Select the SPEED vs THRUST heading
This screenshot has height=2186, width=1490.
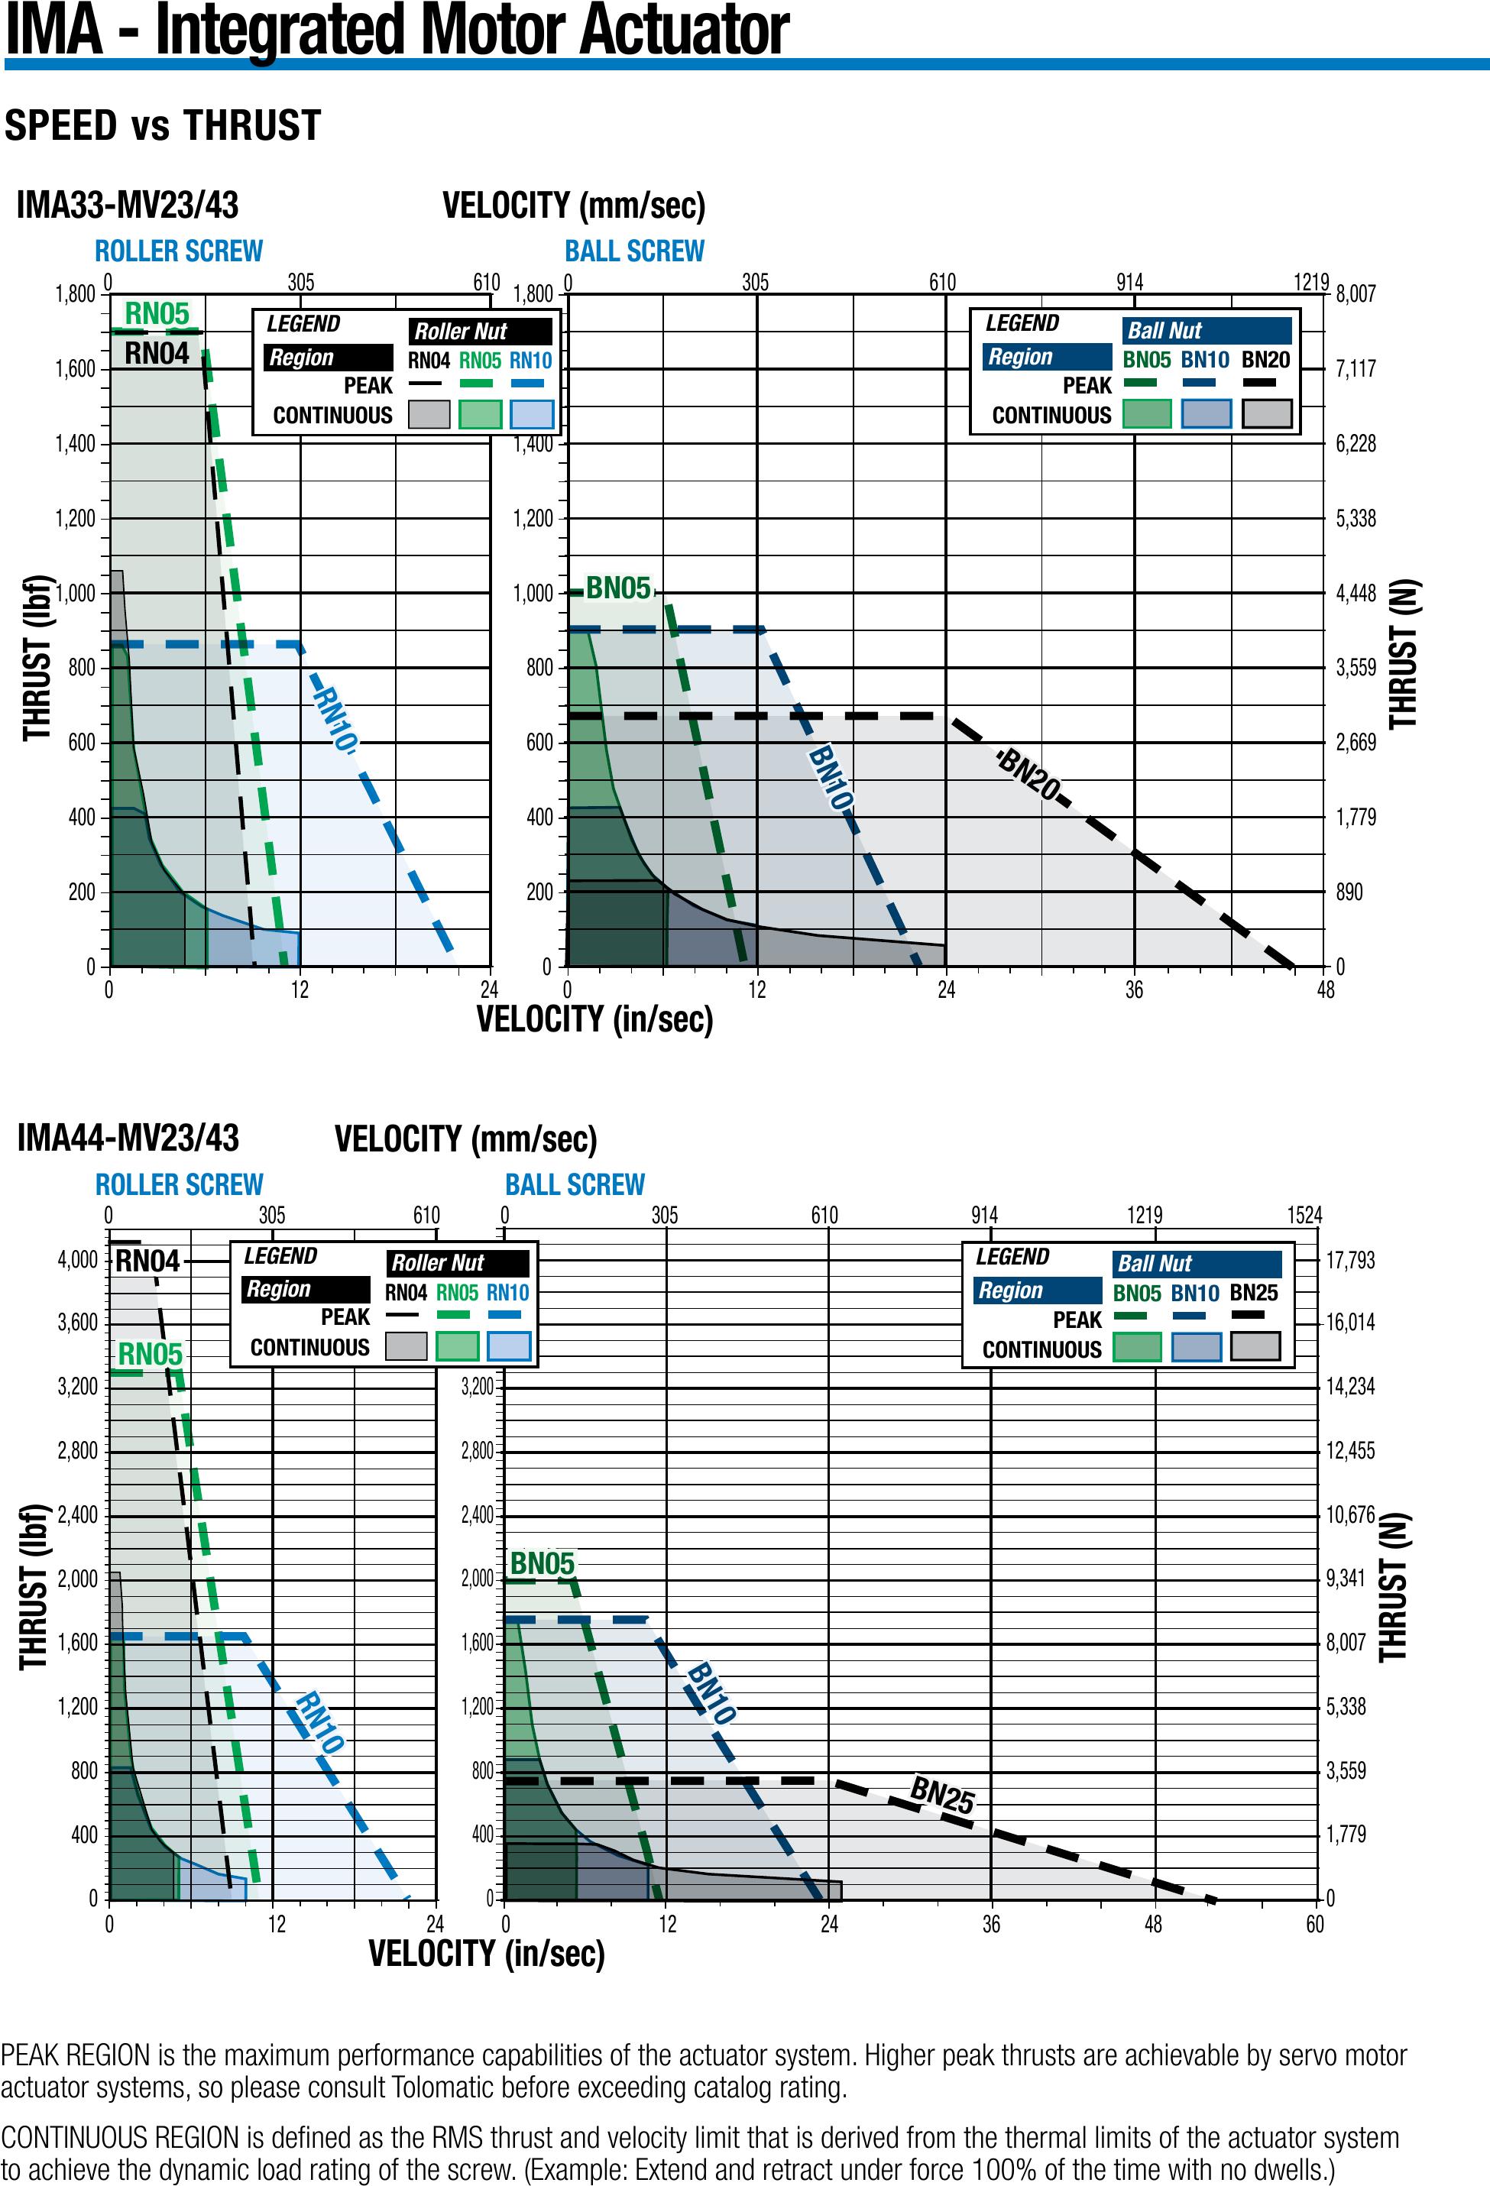163,126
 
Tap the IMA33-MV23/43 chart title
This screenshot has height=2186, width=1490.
127,204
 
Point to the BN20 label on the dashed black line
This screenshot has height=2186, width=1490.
1028,774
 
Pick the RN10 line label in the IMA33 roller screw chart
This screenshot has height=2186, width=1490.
335,720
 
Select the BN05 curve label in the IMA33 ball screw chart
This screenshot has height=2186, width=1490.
618,589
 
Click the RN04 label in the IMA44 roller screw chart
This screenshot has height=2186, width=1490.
147,1261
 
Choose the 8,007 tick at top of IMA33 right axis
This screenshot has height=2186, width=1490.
1356,294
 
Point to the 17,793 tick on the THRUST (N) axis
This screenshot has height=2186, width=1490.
1350,1259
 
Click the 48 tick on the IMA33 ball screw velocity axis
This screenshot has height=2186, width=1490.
1326,989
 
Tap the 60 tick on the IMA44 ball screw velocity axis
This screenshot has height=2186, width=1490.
1314,1925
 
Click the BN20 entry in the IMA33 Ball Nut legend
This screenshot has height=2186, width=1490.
1265,360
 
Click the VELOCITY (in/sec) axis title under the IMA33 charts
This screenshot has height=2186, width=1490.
594,1019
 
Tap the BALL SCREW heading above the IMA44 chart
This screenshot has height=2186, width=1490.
575,1184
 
